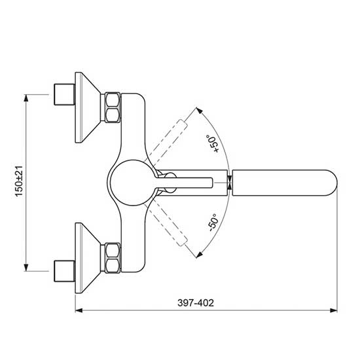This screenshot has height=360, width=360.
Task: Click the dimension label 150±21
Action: click(x=19, y=181)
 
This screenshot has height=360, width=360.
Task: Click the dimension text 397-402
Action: click(x=196, y=303)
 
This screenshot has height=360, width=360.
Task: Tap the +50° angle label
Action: click(x=212, y=143)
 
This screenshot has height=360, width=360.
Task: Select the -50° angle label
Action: click(x=213, y=223)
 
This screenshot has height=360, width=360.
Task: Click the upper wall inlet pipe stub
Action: click(x=64, y=95)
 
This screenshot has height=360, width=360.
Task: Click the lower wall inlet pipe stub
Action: click(x=64, y=271)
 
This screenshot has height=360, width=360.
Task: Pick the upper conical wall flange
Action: click(x=88, y=108)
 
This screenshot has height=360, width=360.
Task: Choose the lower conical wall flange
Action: click(x=88, y=258)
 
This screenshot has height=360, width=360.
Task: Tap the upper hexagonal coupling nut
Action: click(x=113, y=107)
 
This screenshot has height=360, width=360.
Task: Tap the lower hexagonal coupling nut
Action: click(x=113, y=259)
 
